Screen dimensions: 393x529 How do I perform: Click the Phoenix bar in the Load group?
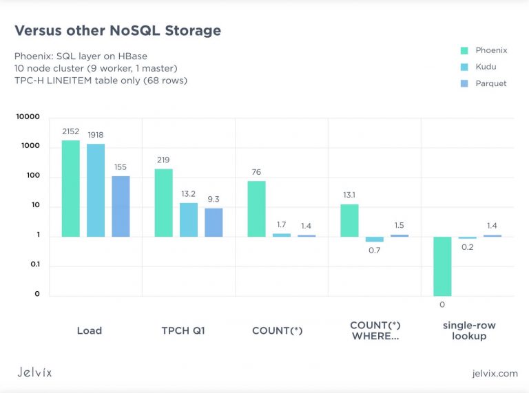coord(71,189)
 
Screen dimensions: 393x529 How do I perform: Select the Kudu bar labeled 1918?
coord(96,191)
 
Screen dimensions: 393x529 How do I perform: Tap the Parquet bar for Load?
coord(121,206)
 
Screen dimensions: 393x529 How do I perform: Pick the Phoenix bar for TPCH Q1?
coord(164,203)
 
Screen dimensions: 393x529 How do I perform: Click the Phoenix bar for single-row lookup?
coord(442,266)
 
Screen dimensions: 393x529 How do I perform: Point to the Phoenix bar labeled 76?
coord(256,209)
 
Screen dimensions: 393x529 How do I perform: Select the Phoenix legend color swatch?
coord(464,50)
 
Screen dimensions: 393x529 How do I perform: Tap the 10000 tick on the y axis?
coord(28,117)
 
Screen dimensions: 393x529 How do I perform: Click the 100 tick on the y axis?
coord(32,176)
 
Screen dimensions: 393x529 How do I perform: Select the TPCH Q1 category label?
coord(183,330)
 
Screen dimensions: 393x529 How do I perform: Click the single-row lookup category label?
coord(469,330)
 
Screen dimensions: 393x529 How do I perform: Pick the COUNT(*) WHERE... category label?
coord(375,330)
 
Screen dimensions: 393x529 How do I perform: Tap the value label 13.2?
coord(189,193)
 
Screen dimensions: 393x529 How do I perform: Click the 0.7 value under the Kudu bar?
coord(374,251)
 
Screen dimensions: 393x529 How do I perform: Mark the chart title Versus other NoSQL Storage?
coord(118,30)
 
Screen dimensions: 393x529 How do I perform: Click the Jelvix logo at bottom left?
coord(34,372)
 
